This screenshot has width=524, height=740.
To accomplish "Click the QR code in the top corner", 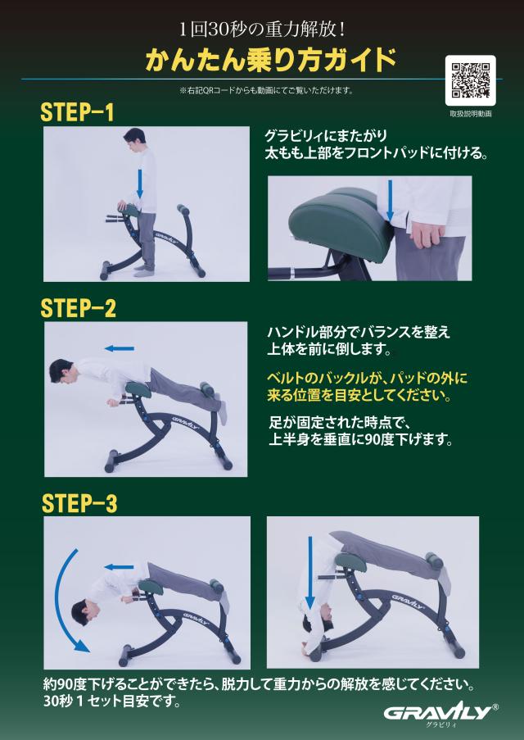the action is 470,80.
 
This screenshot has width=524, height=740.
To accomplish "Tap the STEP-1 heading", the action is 77,112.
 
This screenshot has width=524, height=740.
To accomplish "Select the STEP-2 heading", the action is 79,309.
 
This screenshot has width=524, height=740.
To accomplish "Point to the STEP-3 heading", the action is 79,503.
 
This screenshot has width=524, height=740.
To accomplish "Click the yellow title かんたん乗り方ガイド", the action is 270,60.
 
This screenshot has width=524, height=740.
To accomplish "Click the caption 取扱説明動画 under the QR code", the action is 470,114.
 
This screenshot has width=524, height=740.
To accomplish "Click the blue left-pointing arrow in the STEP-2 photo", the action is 120,349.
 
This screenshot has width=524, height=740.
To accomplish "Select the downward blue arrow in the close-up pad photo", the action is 390,201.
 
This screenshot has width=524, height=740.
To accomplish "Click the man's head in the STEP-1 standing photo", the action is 134,138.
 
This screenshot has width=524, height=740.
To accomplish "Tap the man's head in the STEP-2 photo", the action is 61,371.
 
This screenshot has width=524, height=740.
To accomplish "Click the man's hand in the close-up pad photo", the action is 425,233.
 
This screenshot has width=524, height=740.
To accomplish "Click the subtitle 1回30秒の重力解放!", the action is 262,30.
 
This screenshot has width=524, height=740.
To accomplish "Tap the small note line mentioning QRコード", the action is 266,91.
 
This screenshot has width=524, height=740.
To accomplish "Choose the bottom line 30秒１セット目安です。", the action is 112,701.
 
